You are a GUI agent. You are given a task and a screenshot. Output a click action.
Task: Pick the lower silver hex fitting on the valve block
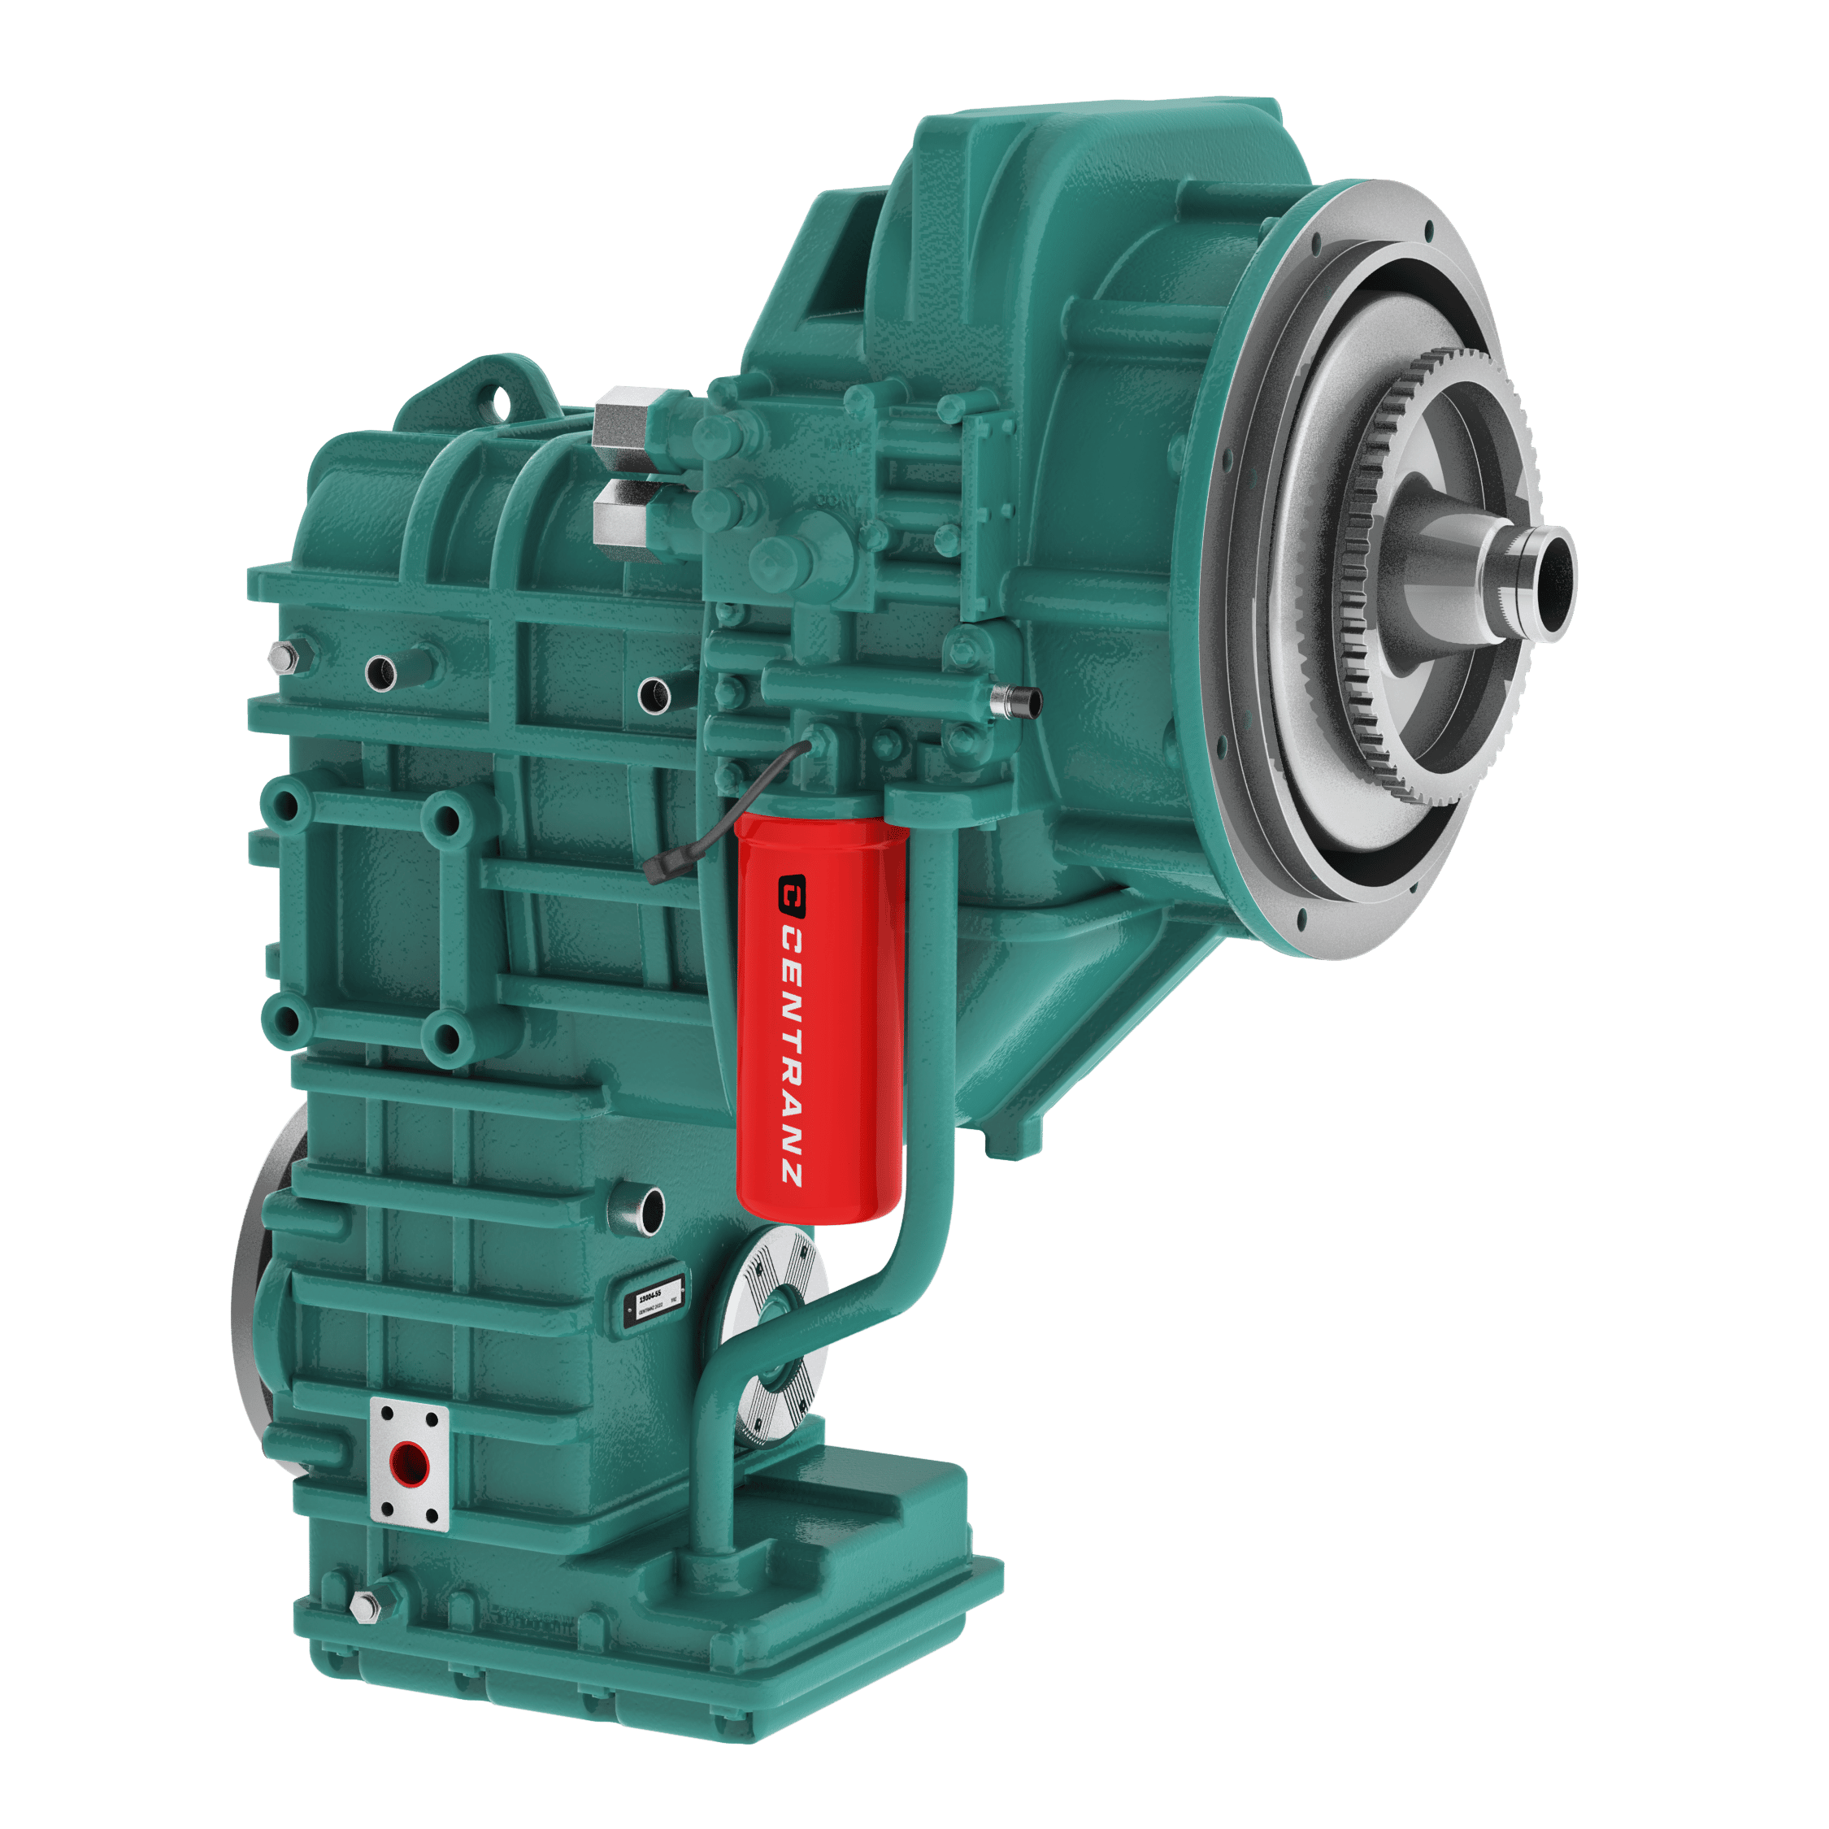620,511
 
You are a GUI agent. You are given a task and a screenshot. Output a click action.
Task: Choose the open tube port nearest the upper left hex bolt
381,672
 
